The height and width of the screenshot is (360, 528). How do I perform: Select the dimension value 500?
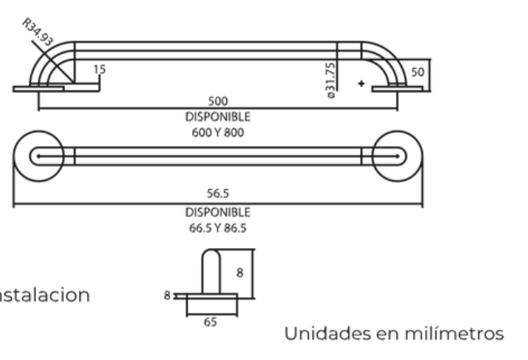pyautogui.click(x=217, y=100)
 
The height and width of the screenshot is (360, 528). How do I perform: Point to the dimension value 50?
pyautogui.click(x=418, y=70)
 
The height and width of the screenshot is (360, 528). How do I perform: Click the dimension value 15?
pyautogui.click(x=100, y=70)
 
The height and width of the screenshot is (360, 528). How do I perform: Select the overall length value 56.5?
pyautogui.click(x=217, y=194)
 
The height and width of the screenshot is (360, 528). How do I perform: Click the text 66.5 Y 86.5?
pyautogui.click(x=217, y=226)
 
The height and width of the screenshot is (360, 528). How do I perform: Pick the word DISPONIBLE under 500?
pyautogui.click(x=217, y=116)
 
